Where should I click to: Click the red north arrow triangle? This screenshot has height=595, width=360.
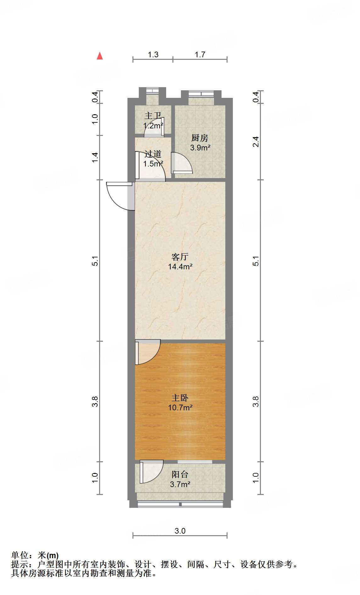(x=100, y=56)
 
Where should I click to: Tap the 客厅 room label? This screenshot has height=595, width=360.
(x=180, y=257)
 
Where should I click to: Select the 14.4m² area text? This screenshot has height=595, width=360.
(x=180, y=267)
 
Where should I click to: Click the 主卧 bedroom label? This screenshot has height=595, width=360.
(x=180, y=398)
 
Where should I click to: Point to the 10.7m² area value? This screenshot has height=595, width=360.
(x=180, y=408)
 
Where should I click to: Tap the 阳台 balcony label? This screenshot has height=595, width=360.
(x=180, y=474)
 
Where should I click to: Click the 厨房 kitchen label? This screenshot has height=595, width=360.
(x=200, y=138)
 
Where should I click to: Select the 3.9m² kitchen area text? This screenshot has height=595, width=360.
(x=200, y=148)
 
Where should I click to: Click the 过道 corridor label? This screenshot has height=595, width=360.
(x=153, y=154)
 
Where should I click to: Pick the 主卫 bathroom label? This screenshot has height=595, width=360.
(x=153, y=115)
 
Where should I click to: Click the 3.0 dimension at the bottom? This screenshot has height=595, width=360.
(x=180, y=531)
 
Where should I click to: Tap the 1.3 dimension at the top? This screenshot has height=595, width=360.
(x=153, y=55)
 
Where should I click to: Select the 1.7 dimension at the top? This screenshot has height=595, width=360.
(x=200, y=55)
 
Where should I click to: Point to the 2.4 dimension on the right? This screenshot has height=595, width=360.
(x=256, y=142)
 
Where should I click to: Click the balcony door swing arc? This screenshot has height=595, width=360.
(x=152, y=472)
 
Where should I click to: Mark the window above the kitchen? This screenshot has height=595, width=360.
(x=201, y=94)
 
